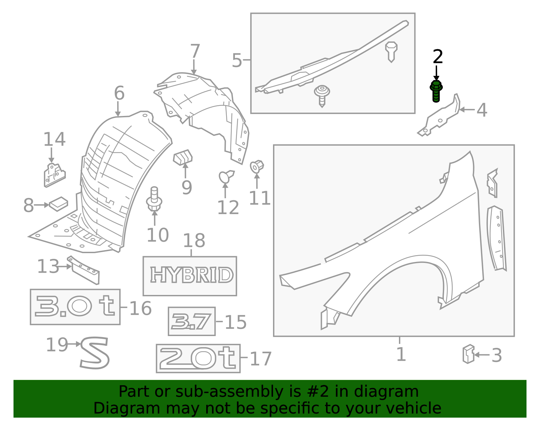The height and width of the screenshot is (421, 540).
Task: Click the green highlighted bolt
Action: tap(436, 91)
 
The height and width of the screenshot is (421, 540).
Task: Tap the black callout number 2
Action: tap(438, 57)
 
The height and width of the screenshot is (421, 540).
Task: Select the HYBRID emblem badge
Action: tap(191, 275)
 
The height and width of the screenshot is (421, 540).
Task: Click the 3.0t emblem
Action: tap(75, 306)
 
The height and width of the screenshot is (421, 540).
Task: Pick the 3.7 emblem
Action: tap(191, 321)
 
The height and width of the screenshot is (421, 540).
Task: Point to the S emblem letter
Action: tap(95, 353)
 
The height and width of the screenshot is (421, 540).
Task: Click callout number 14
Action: tap(54, 139)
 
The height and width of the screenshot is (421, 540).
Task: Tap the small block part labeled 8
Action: tap(58, 204)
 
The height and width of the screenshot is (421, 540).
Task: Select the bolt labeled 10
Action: tap(154, 199)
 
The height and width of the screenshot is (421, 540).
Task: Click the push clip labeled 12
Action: tap(226, 176)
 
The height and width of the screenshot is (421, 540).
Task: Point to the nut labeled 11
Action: tap(257, 167)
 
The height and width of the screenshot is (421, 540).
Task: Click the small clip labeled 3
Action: tap(468, 354)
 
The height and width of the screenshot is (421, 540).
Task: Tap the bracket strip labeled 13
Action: tap(84, 270)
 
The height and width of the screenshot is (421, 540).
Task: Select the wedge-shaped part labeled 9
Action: tap(183, 157)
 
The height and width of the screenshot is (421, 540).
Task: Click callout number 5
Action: tap(237, 60)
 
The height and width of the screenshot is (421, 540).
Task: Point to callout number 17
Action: tap(261, 359)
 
